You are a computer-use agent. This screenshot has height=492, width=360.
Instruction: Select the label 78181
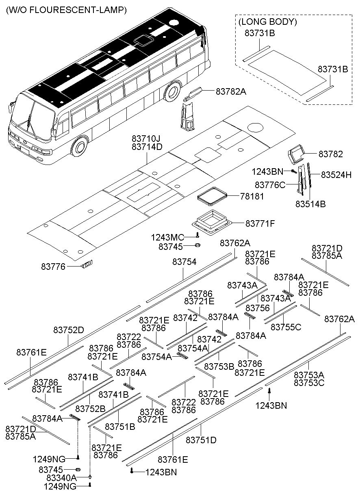click(x=252, y=197)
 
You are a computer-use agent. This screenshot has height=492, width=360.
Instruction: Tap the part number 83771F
click(x=260, y=223)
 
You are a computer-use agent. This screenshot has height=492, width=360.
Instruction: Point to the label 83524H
click(x=336, y=175)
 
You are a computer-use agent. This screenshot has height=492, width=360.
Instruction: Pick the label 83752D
click(x=69, y=330)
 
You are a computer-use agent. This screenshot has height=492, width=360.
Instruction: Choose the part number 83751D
click(x=201, y=440)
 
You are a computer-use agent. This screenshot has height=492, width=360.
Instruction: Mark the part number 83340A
click(x=62, y=477)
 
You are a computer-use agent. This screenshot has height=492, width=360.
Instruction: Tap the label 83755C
click(x=286, y=327)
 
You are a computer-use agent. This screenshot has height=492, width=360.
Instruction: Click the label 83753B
click(x=219, y=366)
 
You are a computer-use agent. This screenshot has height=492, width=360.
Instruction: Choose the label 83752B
click(x=91, y=408)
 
